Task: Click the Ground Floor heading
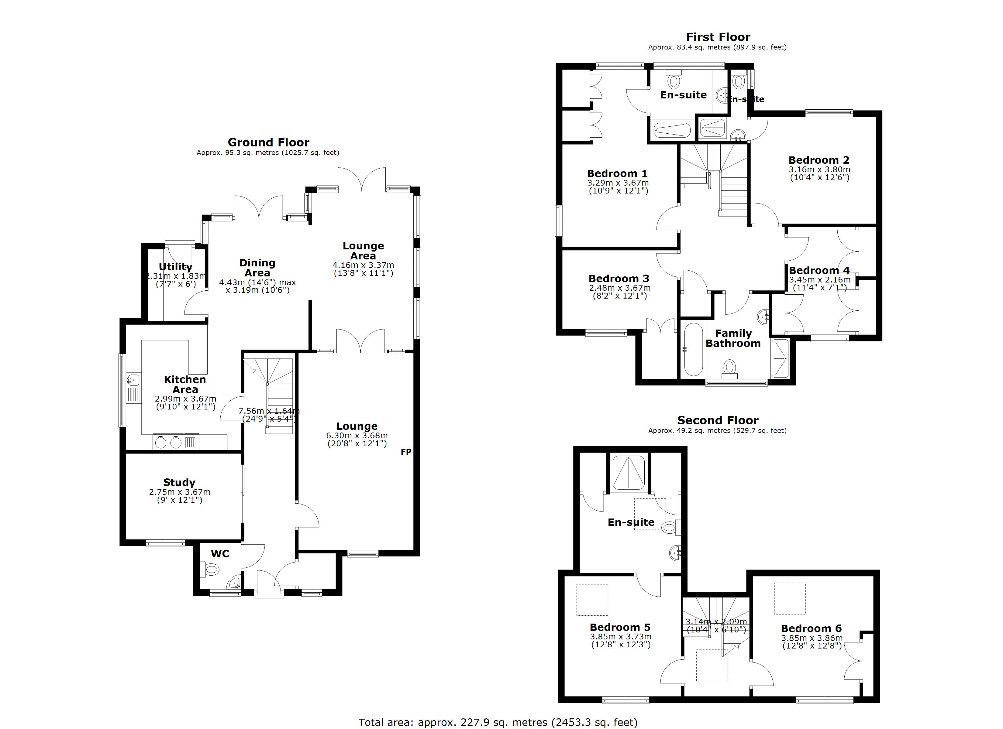click(x=268, y=142)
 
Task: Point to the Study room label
click(x=179, y=482)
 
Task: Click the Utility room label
click(x=176, y=267)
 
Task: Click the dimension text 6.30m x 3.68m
click(x=357, y=436)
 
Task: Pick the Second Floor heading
click(x=717, y=420)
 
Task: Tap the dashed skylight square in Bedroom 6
click(x=789, y=599)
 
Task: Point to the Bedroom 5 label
click(x=620, y=627)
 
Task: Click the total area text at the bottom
click(x=498, y=722)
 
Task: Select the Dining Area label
click(x=257, y=268)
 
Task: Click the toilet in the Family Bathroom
click(x=730, y=367)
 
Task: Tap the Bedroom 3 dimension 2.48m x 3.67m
click(x=619, y=288)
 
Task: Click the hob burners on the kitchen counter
click(x=168, y=442)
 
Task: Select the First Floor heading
click(x=718, y=37)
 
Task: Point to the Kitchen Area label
click(x=185, y=384)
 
